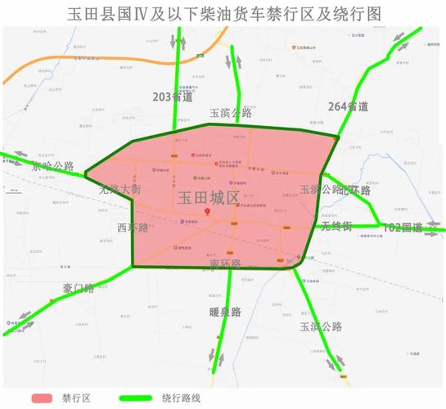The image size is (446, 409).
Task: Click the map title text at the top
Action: pyautogui.click(x=223, y=14)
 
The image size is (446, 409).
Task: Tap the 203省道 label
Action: pyautogui.click(x=173, y=97)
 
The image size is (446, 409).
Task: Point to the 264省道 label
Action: pyautogui.click(x=348, y=106)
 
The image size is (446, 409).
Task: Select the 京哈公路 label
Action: pyautogui.click(x=53, y=166)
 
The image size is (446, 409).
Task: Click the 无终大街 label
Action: pyautogui.click(x=119, y=188)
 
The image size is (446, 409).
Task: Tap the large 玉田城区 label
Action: pyautogui.click(x=208, y=197)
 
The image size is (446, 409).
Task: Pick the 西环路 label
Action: pyautogui.click(x=132, y=227)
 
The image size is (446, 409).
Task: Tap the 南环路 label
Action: pyautogui.click(x=225, y=263)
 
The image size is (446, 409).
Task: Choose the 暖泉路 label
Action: pyautogui.click(x=224, y=312)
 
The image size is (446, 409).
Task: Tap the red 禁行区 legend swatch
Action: pyautogui.click(x=42, y=398)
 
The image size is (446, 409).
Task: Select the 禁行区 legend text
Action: pyautogui.click(x=79, y=398)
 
